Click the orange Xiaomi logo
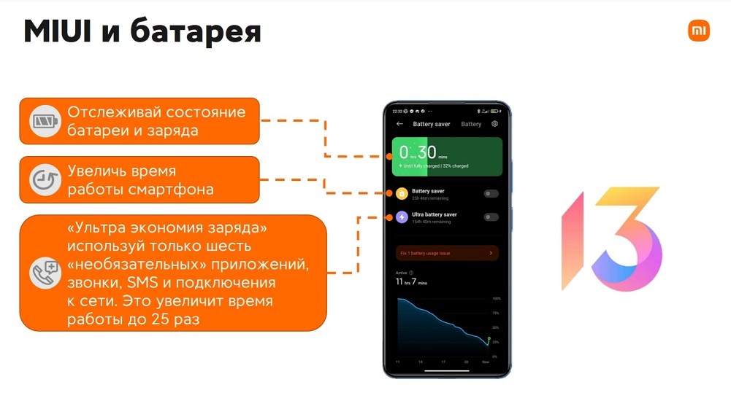[698, 31]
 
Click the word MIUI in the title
[58, 32]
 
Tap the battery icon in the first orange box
[46, 121]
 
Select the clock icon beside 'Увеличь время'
[46, 180]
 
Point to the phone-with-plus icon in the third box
[46, 273]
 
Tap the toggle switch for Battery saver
[491, 194]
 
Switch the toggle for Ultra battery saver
[491, 217]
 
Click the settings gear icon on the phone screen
[495, 124]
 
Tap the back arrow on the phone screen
[399, 124]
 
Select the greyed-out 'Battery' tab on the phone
[471, 125]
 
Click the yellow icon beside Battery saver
[402, 194]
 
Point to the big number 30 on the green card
[427, 152]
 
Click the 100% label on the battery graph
[496, 299]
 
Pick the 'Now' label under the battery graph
[486, 362]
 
